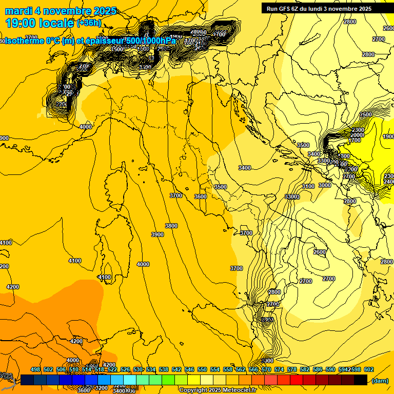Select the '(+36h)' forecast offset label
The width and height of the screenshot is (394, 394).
coord(89,23)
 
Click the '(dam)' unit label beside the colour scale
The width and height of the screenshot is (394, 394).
coord(379,381)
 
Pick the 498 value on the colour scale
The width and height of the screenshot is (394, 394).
coord(35,369)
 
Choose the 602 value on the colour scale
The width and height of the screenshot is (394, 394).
coord(368,369)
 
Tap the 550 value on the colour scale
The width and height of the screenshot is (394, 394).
coord(202,369)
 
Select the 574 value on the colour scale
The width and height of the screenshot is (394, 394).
coord(279,369)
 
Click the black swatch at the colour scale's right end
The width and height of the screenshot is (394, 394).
coord(361,380)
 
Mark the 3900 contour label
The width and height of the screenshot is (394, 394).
coord(157,234)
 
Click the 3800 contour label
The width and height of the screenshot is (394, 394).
coord(171,226)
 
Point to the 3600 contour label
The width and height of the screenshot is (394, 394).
coord(201,196)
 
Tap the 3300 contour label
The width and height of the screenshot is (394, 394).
coord(292,197)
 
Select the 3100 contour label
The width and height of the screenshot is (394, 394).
coord(308,186)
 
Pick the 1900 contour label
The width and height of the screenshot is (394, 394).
coord(388,136)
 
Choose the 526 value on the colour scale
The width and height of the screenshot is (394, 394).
coord(125,369)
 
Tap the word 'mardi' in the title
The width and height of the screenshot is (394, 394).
coord(17,11)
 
